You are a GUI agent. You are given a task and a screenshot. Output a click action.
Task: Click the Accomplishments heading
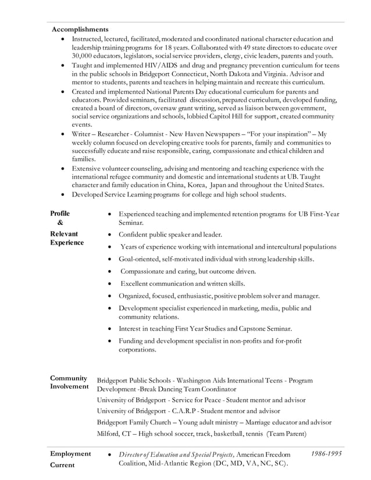tap(80, 29)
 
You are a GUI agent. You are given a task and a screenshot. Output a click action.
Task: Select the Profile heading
tap(60, 214)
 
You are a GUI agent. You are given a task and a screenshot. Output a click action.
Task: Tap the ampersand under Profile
tap(60, 223)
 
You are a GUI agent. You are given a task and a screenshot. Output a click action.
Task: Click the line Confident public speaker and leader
tap(170, 235)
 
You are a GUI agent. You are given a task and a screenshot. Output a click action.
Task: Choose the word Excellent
tap(137, 284)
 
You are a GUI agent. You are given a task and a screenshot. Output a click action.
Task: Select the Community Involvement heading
tap(69, 382)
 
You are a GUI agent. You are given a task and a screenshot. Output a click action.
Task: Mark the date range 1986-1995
tap(326, 453)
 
